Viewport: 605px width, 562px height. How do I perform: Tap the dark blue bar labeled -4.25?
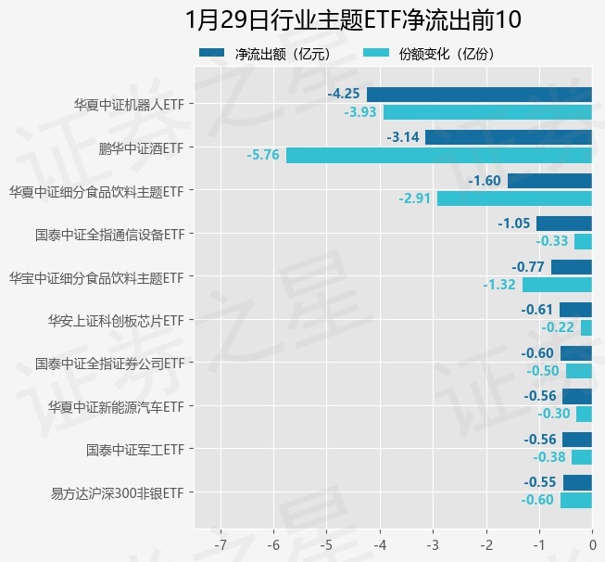coord(479,94)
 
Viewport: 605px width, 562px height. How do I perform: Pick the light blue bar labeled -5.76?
coord(438,155)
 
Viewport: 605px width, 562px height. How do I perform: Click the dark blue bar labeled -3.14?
coord(508,137)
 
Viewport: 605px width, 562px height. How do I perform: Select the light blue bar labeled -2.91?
coord(514,198)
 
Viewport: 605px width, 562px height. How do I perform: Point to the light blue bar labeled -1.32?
coord(557,285)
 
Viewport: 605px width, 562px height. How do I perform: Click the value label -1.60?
coord(485,181)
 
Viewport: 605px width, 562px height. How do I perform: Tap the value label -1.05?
coord(513,224)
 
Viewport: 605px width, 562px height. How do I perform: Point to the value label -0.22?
coord(559,327)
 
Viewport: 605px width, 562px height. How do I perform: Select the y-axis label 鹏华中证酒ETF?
coord(141,147)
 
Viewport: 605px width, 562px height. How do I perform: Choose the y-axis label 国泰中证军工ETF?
coord(134,450)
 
